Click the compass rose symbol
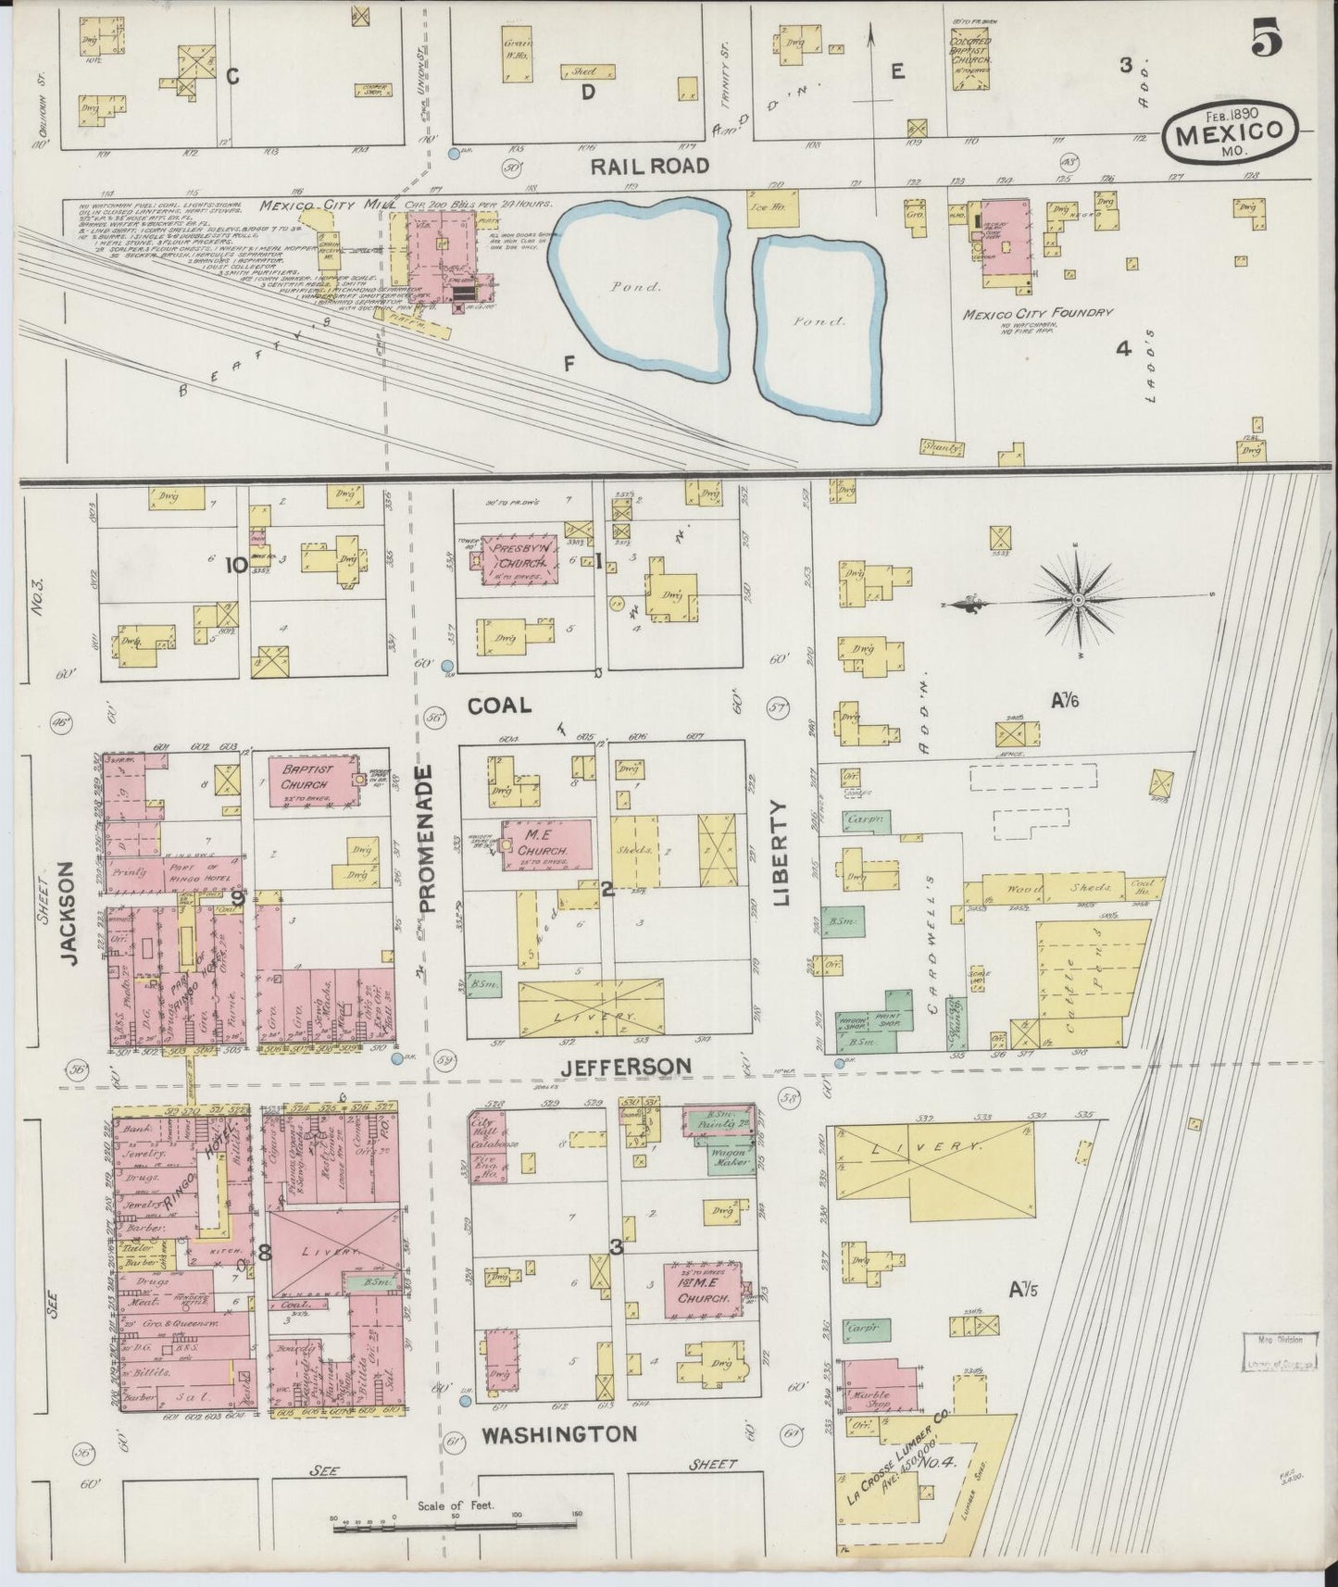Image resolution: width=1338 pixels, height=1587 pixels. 1078,602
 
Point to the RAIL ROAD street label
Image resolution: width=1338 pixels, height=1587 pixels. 650,166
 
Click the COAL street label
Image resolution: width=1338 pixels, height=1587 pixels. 499,706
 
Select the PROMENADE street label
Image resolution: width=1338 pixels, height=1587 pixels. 427,839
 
